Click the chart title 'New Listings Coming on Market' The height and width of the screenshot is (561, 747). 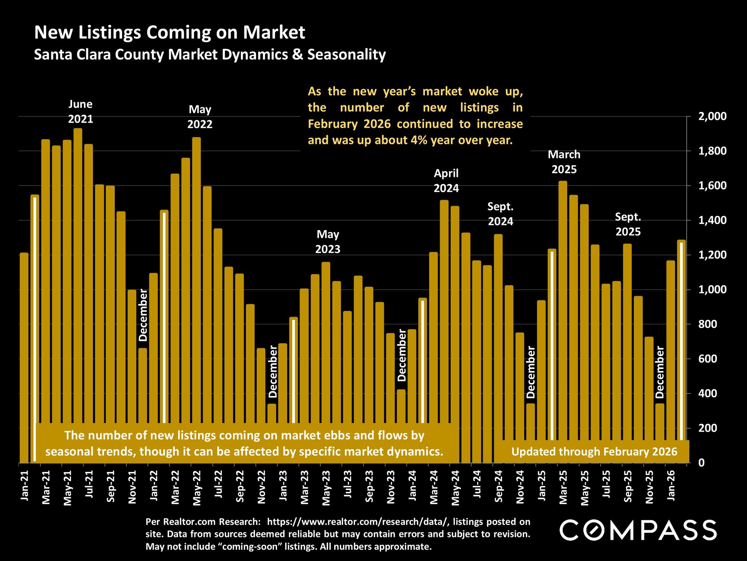[170, 32]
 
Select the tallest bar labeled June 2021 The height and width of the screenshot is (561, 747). [78, 273]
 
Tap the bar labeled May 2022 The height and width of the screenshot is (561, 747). [196, 273]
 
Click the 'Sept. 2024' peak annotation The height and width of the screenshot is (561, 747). [500, 214]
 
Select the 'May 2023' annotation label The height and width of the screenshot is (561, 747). [328, 242]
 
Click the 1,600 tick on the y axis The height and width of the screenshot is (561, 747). [712, 185]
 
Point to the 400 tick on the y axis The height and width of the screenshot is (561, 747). [707, 393]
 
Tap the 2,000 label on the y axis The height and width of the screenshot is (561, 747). [712, 116]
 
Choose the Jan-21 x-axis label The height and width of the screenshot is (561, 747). [25, 485]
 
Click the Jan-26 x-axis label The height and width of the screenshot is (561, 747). [671, 485]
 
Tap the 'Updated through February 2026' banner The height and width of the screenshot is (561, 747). [594, 452]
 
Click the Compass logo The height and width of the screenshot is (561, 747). [638, 530]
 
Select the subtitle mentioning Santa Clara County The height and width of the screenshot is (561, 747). [210, 55]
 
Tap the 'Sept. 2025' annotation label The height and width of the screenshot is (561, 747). [628, 224]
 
